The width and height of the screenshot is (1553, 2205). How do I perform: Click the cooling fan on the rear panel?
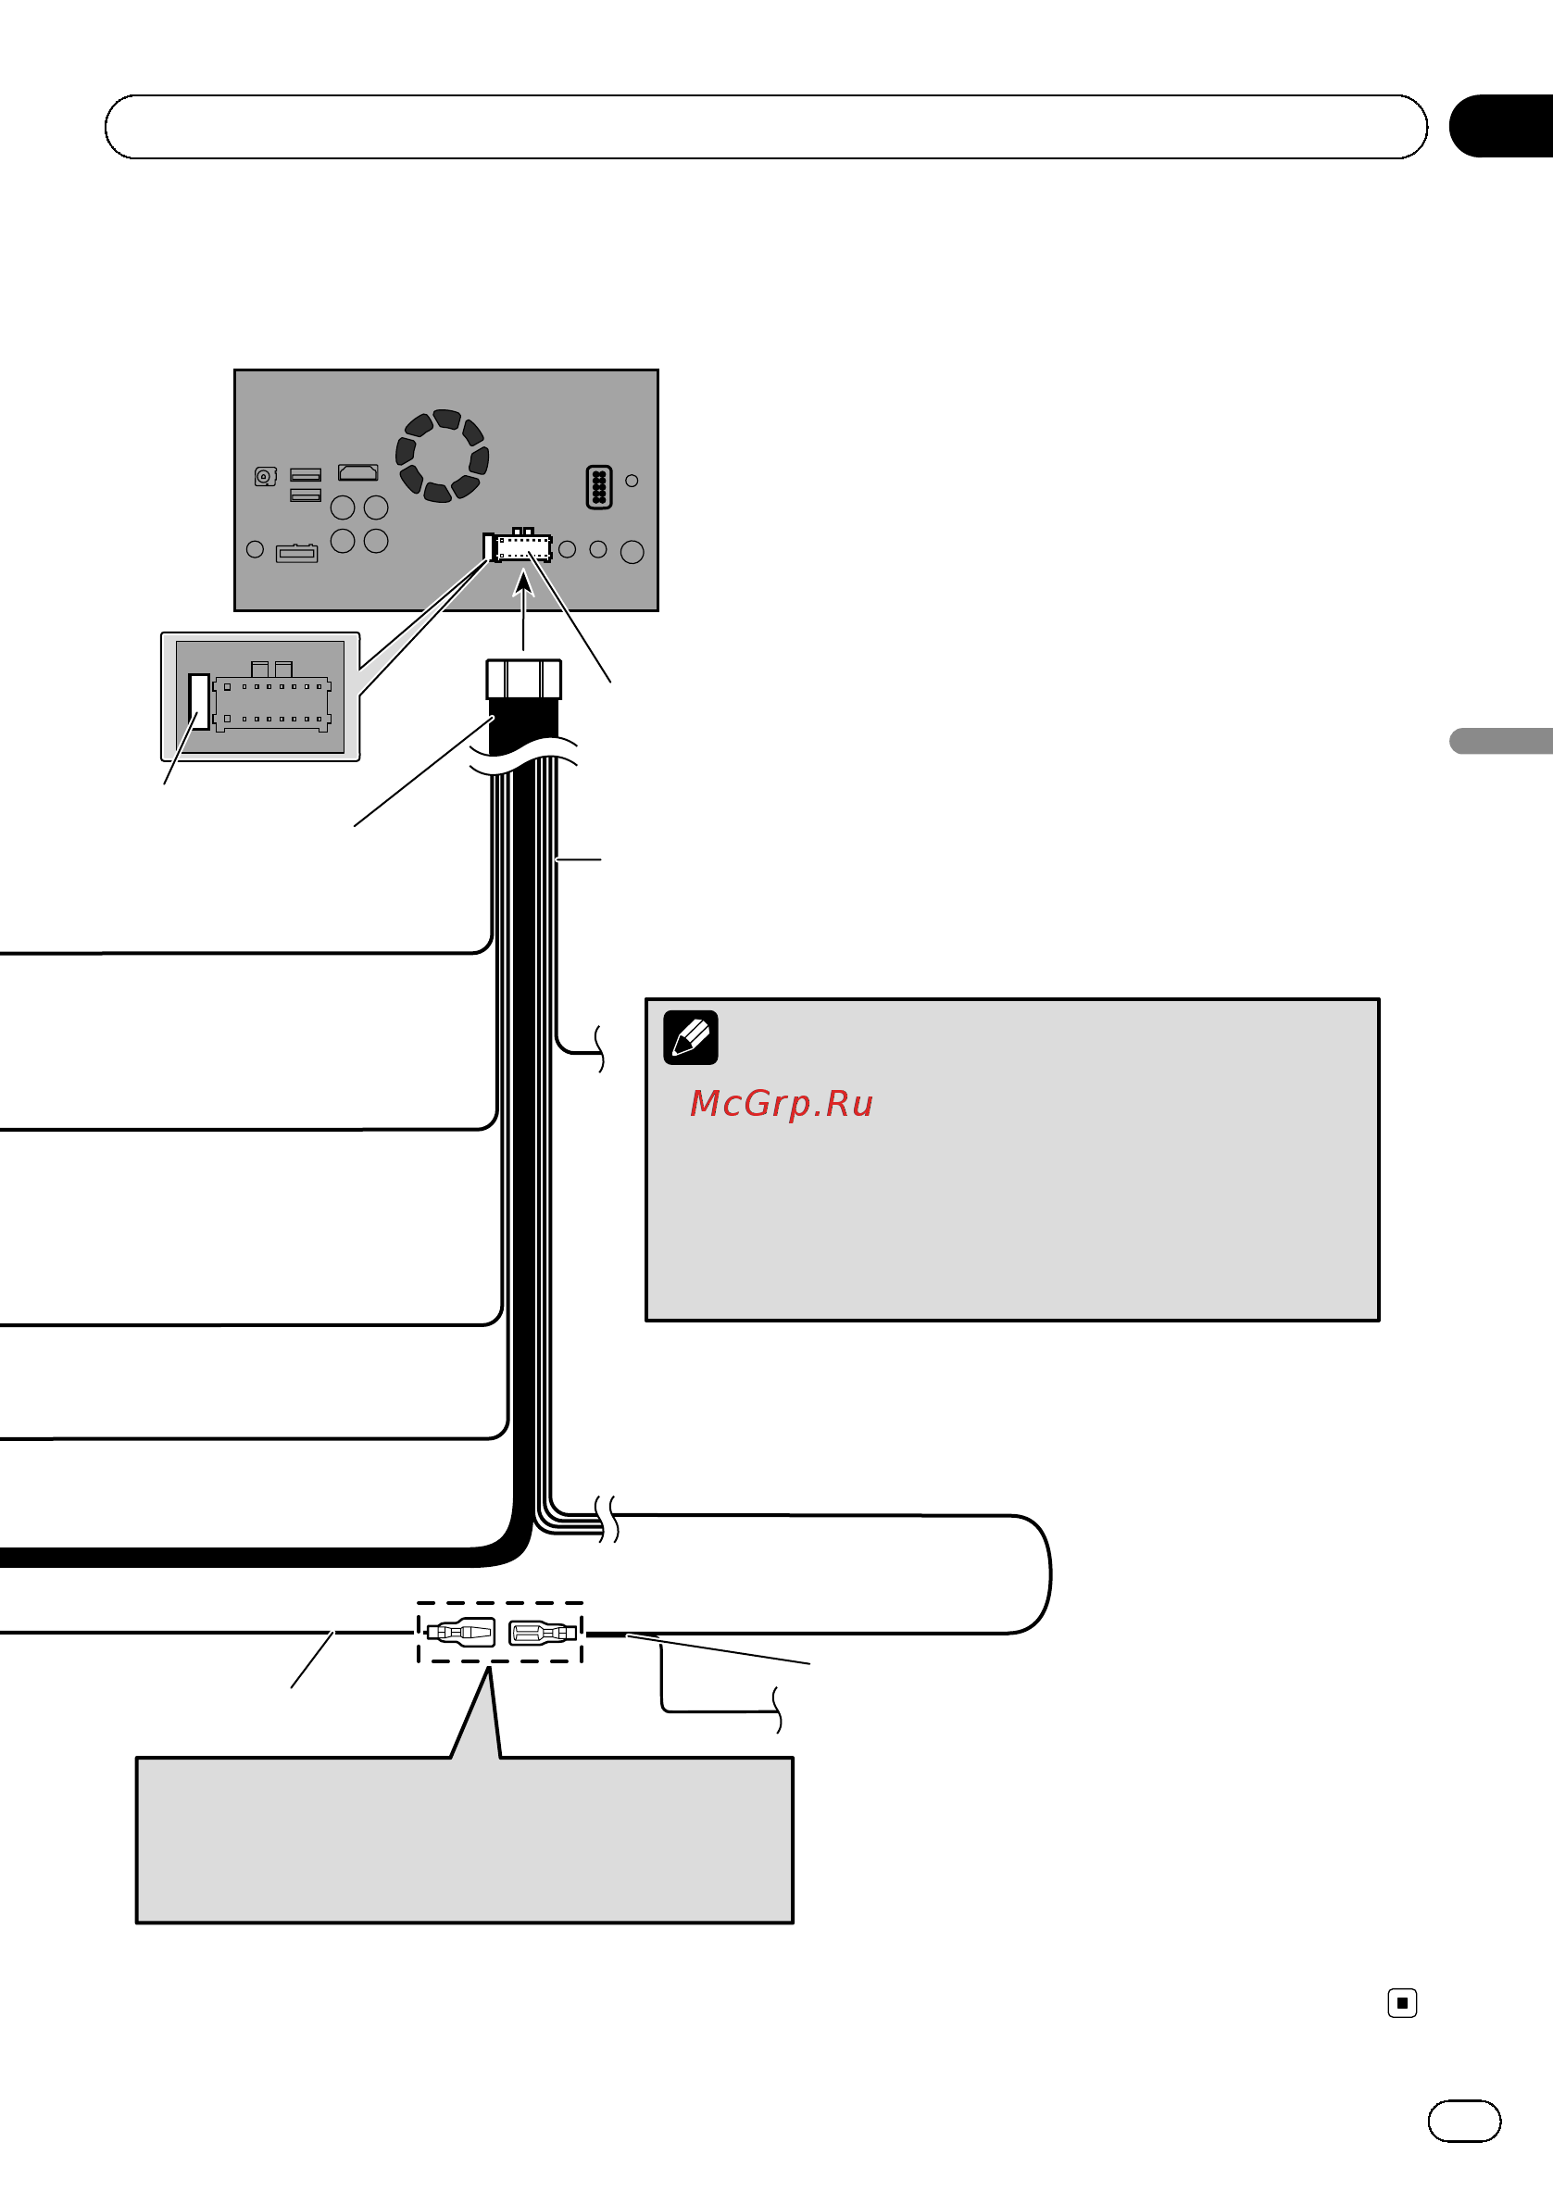tap(442, 456)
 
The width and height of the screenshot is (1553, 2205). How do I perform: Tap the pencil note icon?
tap(691, 1037)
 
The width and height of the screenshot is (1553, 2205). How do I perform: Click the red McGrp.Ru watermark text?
tap(781, 1104)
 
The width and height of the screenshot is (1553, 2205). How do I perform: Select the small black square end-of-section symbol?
tap(1402, 2002)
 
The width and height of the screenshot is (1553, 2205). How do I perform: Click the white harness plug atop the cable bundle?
tap(523, 679)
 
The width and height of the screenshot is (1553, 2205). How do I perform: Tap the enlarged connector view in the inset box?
tap(260, 697)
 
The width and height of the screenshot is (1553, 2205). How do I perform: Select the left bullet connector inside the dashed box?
tap(460, 1632)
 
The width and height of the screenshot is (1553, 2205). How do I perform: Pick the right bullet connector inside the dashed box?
tap(543, 1632)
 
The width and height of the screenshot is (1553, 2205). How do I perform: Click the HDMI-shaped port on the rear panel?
tap(358, 471)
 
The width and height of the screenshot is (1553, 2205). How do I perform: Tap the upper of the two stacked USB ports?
tap(306, 474)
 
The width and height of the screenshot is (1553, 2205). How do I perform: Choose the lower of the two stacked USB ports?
tap(306, 494)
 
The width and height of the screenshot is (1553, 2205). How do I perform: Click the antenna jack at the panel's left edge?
tap(265, 476)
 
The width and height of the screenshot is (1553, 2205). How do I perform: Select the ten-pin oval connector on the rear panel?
tap(598, 487)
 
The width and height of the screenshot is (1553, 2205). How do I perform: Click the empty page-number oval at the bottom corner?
tap(1465, 2122)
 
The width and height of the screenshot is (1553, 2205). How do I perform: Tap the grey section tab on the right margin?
tap(1501, 741)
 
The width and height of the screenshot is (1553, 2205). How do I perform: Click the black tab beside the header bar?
tap(1501, 126)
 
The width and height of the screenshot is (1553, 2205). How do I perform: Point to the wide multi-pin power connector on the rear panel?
tap(518, 546)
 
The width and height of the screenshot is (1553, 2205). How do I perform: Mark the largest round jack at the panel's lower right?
tap(632, 551)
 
